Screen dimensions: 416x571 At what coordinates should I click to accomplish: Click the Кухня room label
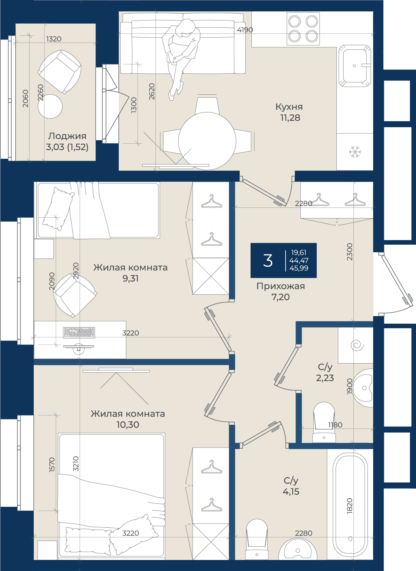[x=289, y=107]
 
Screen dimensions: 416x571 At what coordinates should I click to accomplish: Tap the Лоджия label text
[x=67, y=136]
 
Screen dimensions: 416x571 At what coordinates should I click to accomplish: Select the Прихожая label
[x=280, y=286]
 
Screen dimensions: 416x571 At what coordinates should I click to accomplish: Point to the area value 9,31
[x=130, y=278]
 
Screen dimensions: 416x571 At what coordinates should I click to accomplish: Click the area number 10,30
[x=128, y=425]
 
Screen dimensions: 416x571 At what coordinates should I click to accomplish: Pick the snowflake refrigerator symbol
[x=355, y=152]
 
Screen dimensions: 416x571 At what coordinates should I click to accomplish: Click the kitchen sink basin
[x=355, y=65]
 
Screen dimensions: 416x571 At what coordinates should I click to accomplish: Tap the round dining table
[x=207, y=141]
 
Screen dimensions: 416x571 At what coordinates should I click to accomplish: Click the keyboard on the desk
[x=79, y=332]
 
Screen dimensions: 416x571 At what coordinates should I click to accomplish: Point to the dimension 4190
[x=245, y=30]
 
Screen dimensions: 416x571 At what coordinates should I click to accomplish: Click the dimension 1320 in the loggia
[x=54, y=39]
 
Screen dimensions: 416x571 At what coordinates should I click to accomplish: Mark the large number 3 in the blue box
[x=268, y=261]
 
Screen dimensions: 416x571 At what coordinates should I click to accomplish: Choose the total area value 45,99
[x=299, y=268]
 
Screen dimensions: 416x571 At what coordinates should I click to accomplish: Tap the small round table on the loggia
[x=50, y=106]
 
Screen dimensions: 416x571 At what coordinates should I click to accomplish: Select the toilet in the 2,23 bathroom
[x=324, y=422]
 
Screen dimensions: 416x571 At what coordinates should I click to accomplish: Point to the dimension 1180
[x=335, y=425]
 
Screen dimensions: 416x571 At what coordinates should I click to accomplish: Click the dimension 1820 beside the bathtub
[x=350, y=506]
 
